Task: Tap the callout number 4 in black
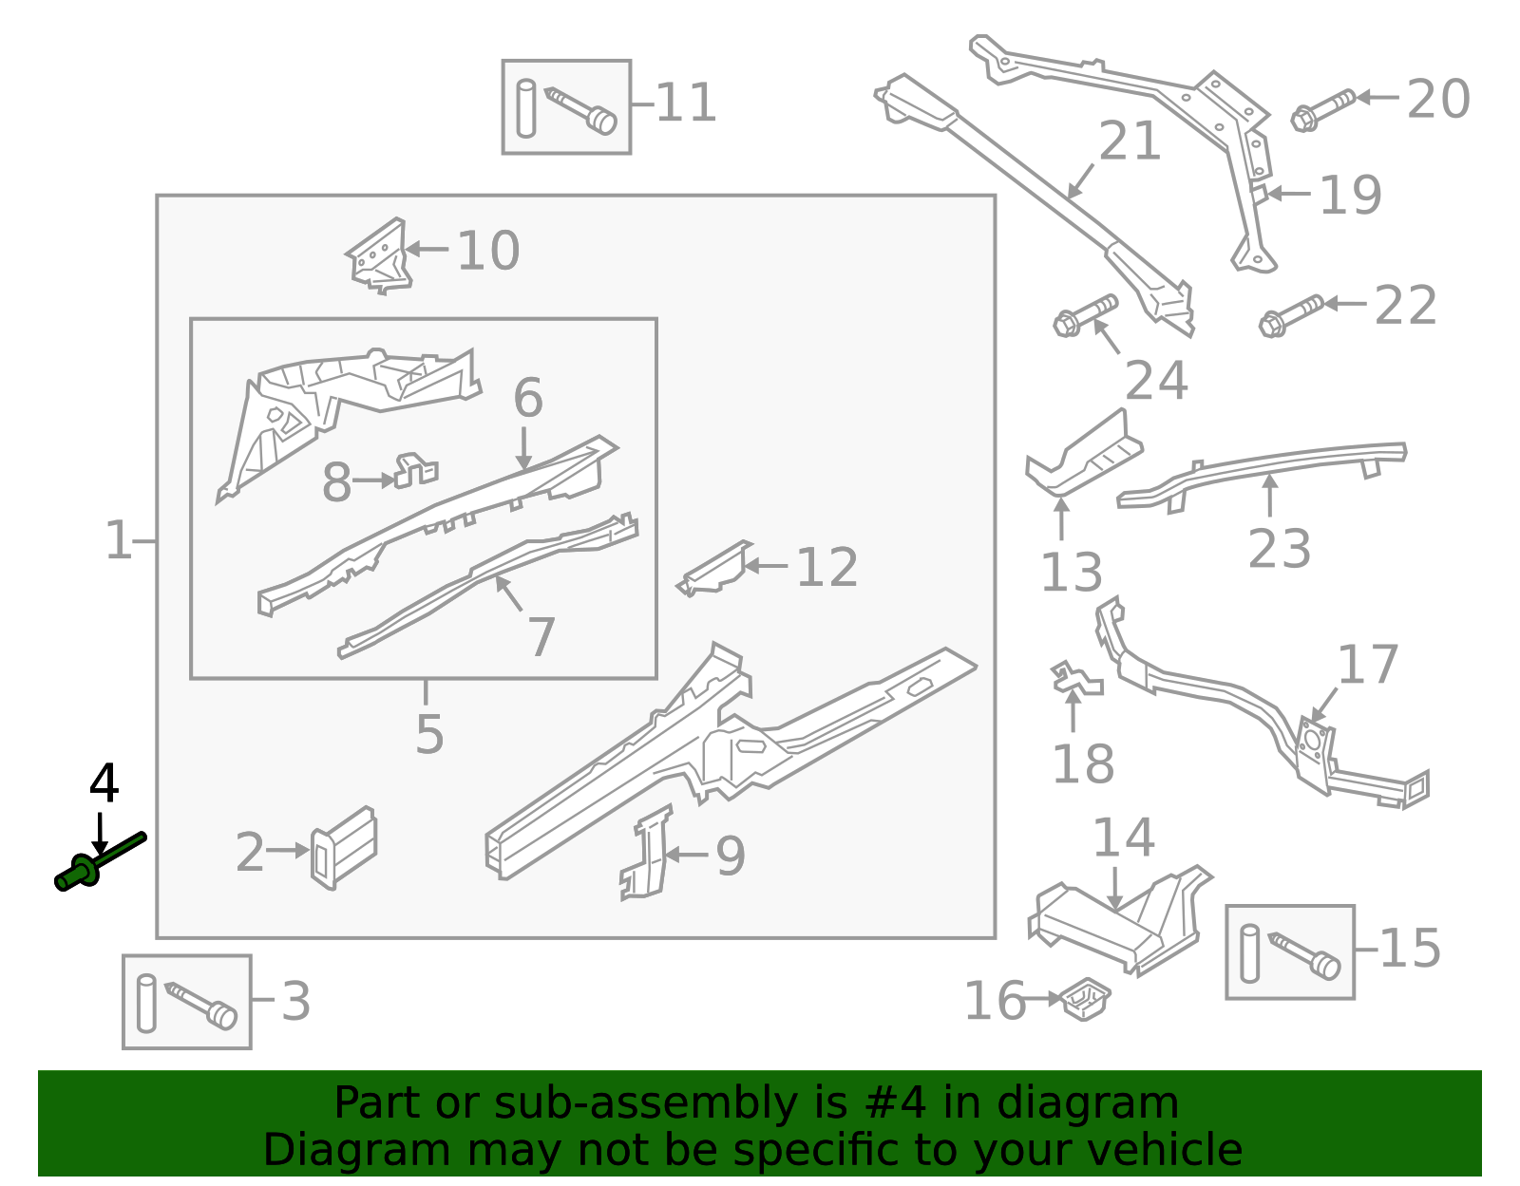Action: (104, 784)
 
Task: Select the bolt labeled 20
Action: (1322, 109)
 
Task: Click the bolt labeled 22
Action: (1290, 316)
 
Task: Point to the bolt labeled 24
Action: (1085, 315)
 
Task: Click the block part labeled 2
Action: (343, 847)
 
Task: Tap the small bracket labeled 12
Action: (714, 569)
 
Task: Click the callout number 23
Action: (1279, 550)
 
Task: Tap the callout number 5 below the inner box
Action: (429, 734)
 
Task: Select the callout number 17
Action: (1367, 665)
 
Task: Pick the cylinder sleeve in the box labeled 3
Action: (146, 1003)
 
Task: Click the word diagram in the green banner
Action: (1108, 1104)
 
